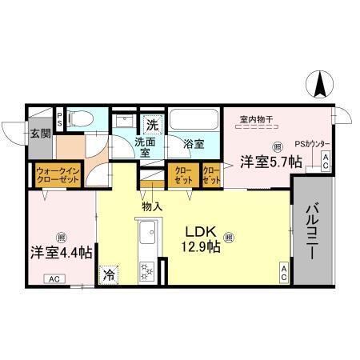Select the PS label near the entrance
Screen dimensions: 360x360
coord(58,115)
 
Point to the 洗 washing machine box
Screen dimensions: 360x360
coord(153,124)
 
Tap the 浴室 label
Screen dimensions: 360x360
coord(194,146)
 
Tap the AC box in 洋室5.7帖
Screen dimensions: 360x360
coord(326,160)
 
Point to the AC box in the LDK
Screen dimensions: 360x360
coord(283,272)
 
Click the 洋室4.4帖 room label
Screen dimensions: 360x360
coord(60,251)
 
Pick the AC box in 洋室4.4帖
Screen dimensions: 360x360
coord(54,278)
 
